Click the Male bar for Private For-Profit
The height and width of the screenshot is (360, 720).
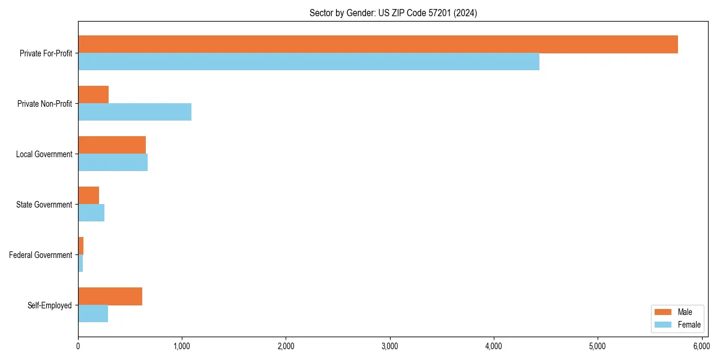pos(378,44)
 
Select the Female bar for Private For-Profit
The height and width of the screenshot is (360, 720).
pos(308,62)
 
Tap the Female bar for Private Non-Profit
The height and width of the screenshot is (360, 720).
pos(134,112)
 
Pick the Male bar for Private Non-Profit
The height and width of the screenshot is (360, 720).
pos(93,95)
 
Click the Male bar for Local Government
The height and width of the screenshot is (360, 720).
pos(112,145)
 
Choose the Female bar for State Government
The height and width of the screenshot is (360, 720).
pos(91,213)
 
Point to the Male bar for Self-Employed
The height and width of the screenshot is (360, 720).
pos(110,296)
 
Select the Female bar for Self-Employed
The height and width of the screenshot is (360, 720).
pos(93,314)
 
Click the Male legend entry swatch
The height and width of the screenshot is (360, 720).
pos(663,312)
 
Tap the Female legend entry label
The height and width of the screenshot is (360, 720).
pos(689,325)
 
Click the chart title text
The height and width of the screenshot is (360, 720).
pos(393,13)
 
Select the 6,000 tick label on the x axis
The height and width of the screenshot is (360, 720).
pos(701,346)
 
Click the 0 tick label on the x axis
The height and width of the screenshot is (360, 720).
pos(78,346)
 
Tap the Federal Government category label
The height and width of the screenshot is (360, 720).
pos(40,255)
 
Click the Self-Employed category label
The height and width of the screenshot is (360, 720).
pos(49,305)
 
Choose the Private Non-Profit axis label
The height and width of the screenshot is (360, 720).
pos(44,104)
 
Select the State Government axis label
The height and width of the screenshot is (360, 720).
pos(44,205)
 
